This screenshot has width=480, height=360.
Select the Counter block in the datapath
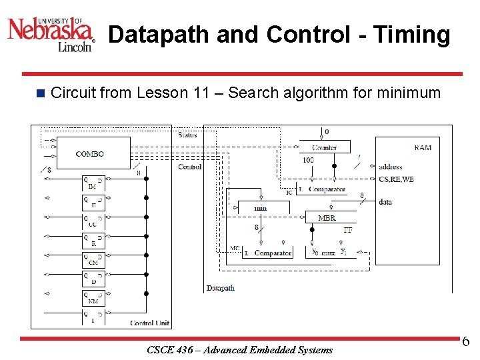325,147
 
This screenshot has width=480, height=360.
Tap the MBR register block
327,218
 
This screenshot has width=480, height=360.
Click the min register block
261,208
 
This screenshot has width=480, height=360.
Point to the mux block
327,252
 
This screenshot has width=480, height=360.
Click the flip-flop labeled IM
93,183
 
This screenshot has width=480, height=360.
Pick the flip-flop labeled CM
93,259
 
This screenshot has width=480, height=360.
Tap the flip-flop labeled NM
93,298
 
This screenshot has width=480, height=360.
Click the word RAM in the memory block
423,147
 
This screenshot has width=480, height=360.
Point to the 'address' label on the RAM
390,167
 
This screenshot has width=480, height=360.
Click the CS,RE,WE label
396,179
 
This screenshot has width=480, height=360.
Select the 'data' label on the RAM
385,202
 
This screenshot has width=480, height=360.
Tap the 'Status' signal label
188,135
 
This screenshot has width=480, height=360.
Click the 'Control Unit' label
150,323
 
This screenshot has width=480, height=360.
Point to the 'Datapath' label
221,288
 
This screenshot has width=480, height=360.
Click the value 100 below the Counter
308,161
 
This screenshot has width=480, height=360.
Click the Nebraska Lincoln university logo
51,33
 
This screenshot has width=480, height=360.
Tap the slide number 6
465,342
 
